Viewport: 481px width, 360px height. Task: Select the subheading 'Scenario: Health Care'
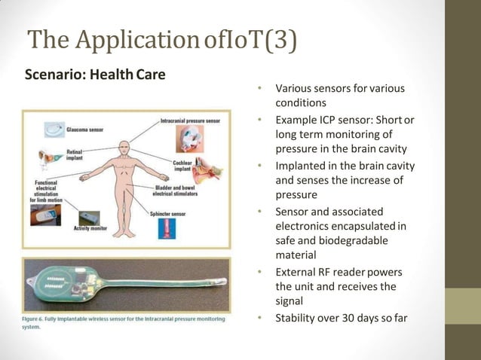tap(95, 75)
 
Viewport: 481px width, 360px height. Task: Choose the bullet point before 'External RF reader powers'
tap(259, 271)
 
